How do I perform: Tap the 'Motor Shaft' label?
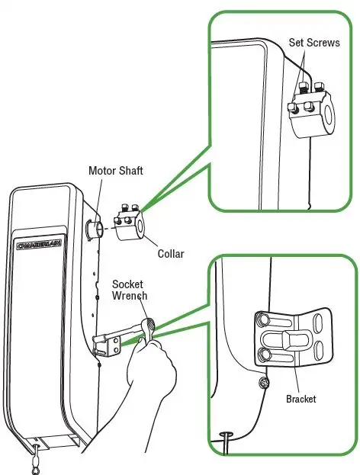117,170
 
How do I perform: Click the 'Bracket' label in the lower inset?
301,399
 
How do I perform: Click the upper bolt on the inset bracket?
262,317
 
